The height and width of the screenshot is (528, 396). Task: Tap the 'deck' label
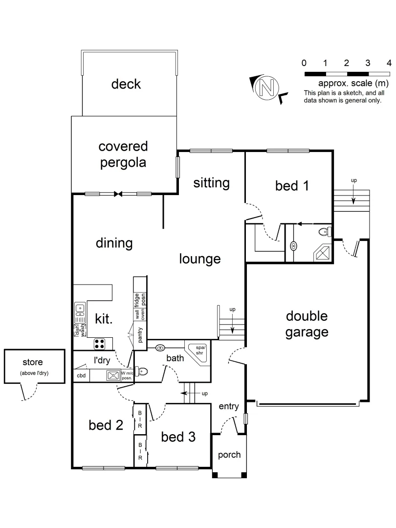coord(126,84)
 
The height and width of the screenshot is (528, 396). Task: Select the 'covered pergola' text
coord(123,154)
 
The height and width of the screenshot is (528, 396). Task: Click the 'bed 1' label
coord(292,186)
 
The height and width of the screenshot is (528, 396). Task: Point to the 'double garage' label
coord(307,324)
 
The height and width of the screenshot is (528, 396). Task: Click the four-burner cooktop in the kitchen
coord(100,344)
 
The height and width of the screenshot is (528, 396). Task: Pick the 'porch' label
coord(229,455)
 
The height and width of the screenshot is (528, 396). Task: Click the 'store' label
coord(33,362)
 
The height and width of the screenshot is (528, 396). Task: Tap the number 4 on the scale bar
coord(389,63)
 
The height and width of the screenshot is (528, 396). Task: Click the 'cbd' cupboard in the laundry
coord(81,376)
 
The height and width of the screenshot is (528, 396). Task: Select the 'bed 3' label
coord(178,437)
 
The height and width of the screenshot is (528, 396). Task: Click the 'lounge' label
coord(199,259)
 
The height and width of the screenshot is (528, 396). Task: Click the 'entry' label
coord(228,406)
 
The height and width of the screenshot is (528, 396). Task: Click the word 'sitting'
coord(211,183)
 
